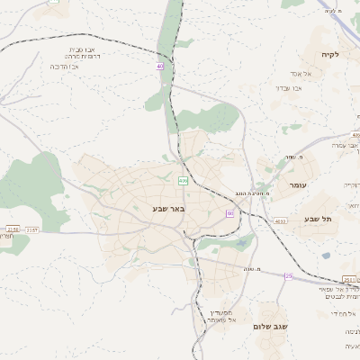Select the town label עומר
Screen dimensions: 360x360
pyautogui.click(x=298, y=184)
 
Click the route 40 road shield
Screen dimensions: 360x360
pyautogui.click(x=160, y=66)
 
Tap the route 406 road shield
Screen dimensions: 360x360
pyautogui.click(x=183, y=181)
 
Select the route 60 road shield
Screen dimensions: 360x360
pyautogui.click(x=229, y=213)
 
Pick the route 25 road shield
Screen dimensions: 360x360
pyautogui.click(x=288, y=276)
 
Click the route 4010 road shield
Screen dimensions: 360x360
pyautogui.click(x=281, y=220)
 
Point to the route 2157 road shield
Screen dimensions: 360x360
pyautogui.click(x=32, y=229)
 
